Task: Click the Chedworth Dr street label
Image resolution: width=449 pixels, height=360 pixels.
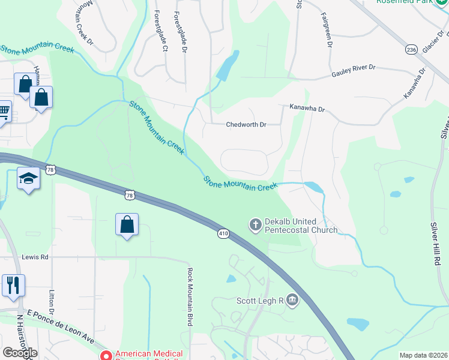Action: pyautogui.click(x=246, y=125)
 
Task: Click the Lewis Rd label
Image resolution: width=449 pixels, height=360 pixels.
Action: pyautogui.click(x=35, y=257)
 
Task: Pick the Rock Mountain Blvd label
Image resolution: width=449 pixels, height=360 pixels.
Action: pyautogui.click(x=190, y=296)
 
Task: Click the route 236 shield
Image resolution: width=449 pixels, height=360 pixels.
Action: pyautogui.click(x=411, y=49)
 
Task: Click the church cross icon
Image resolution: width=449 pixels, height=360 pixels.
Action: pyautogui.click(x=255, y=225)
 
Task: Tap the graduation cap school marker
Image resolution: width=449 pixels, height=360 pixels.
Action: pyautogui.click(x=29, y=179)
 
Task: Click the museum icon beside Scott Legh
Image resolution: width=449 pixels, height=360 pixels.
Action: pyautogui.click(x=292, y=299)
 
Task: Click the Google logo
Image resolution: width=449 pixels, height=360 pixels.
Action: pyautogui.click(x=20, y=352)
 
